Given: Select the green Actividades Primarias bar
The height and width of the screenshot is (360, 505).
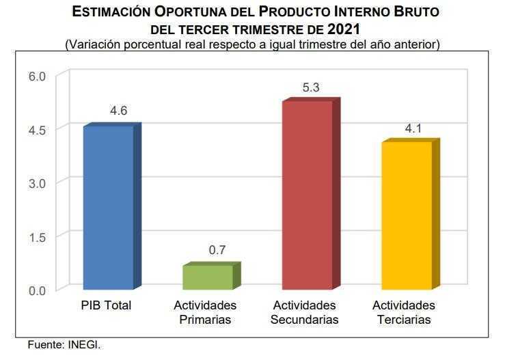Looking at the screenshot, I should tap(208, 277).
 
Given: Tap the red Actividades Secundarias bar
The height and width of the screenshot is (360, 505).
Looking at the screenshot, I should tap(307, 195).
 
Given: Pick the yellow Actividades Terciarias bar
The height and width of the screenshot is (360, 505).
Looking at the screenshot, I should tap(406, 216).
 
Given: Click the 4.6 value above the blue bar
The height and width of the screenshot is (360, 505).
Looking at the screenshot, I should tap(118, 111).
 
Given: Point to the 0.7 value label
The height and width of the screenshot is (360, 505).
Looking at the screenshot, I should tap(217, 250).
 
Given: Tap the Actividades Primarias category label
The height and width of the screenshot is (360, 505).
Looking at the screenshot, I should tap(205, 312).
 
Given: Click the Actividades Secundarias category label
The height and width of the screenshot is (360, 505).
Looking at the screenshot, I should tap(304, 312).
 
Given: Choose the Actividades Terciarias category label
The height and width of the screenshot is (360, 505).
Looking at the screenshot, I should tap(404, 312).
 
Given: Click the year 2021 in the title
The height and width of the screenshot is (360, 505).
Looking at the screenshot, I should tap(344, 29).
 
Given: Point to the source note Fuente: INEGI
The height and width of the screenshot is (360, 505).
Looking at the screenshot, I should tap(64, 345).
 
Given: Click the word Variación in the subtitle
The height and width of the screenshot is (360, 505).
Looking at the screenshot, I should tap(93, 44).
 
